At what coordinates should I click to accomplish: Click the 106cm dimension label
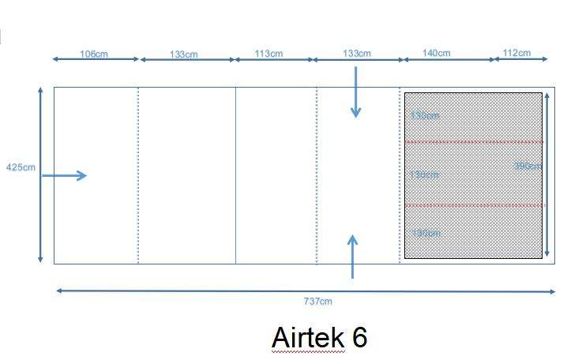94,54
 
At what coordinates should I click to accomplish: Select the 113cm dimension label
268,54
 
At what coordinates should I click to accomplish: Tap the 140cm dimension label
436,53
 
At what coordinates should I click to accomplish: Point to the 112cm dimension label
516,53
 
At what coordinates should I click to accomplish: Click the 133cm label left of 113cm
184,54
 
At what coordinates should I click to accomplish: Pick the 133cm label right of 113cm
357,53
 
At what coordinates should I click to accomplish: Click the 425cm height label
21,167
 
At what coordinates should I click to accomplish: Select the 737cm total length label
319,301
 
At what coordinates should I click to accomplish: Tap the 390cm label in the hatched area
527,166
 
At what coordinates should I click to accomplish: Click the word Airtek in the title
309,337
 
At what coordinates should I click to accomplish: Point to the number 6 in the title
360,337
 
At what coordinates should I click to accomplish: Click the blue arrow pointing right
64,175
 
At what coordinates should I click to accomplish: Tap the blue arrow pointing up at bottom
352,256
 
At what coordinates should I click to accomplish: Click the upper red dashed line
474,142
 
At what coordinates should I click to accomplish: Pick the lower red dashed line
474,205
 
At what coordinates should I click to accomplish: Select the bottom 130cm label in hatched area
426,233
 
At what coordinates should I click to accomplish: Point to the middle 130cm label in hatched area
425,174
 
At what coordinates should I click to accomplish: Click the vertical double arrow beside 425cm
40,175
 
